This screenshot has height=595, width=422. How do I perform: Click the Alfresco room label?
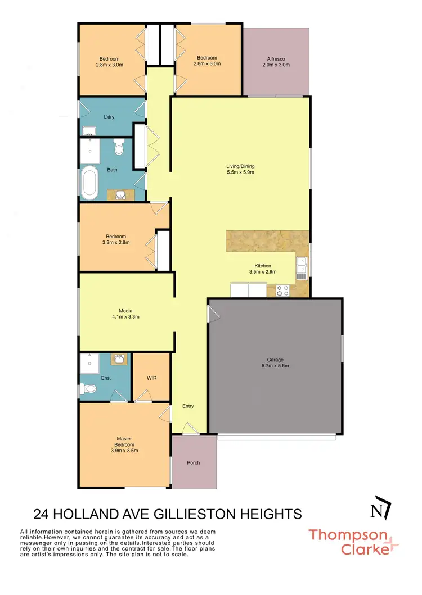tap(276, 61)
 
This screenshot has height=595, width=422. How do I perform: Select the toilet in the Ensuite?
tap(87, 388)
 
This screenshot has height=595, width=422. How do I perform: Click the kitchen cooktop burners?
tap(282, 290)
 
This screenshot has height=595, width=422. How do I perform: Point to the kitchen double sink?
tap(302, 268)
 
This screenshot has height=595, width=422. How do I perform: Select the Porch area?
tap(194, 463)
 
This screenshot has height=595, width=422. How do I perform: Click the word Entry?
tap(188, 406)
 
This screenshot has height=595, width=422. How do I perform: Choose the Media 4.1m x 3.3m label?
tap(126, 314)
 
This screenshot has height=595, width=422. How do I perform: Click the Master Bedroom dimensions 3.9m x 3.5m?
tap(124, 450)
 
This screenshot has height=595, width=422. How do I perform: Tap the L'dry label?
tap(109, 117)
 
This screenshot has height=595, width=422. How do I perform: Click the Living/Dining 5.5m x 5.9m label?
tap(241, 169)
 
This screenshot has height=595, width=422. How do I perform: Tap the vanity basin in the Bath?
tap(121, 195)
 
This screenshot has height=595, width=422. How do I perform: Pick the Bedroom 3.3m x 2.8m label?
tap(116, 240)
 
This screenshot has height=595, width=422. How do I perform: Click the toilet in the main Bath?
tap(118, 148)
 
